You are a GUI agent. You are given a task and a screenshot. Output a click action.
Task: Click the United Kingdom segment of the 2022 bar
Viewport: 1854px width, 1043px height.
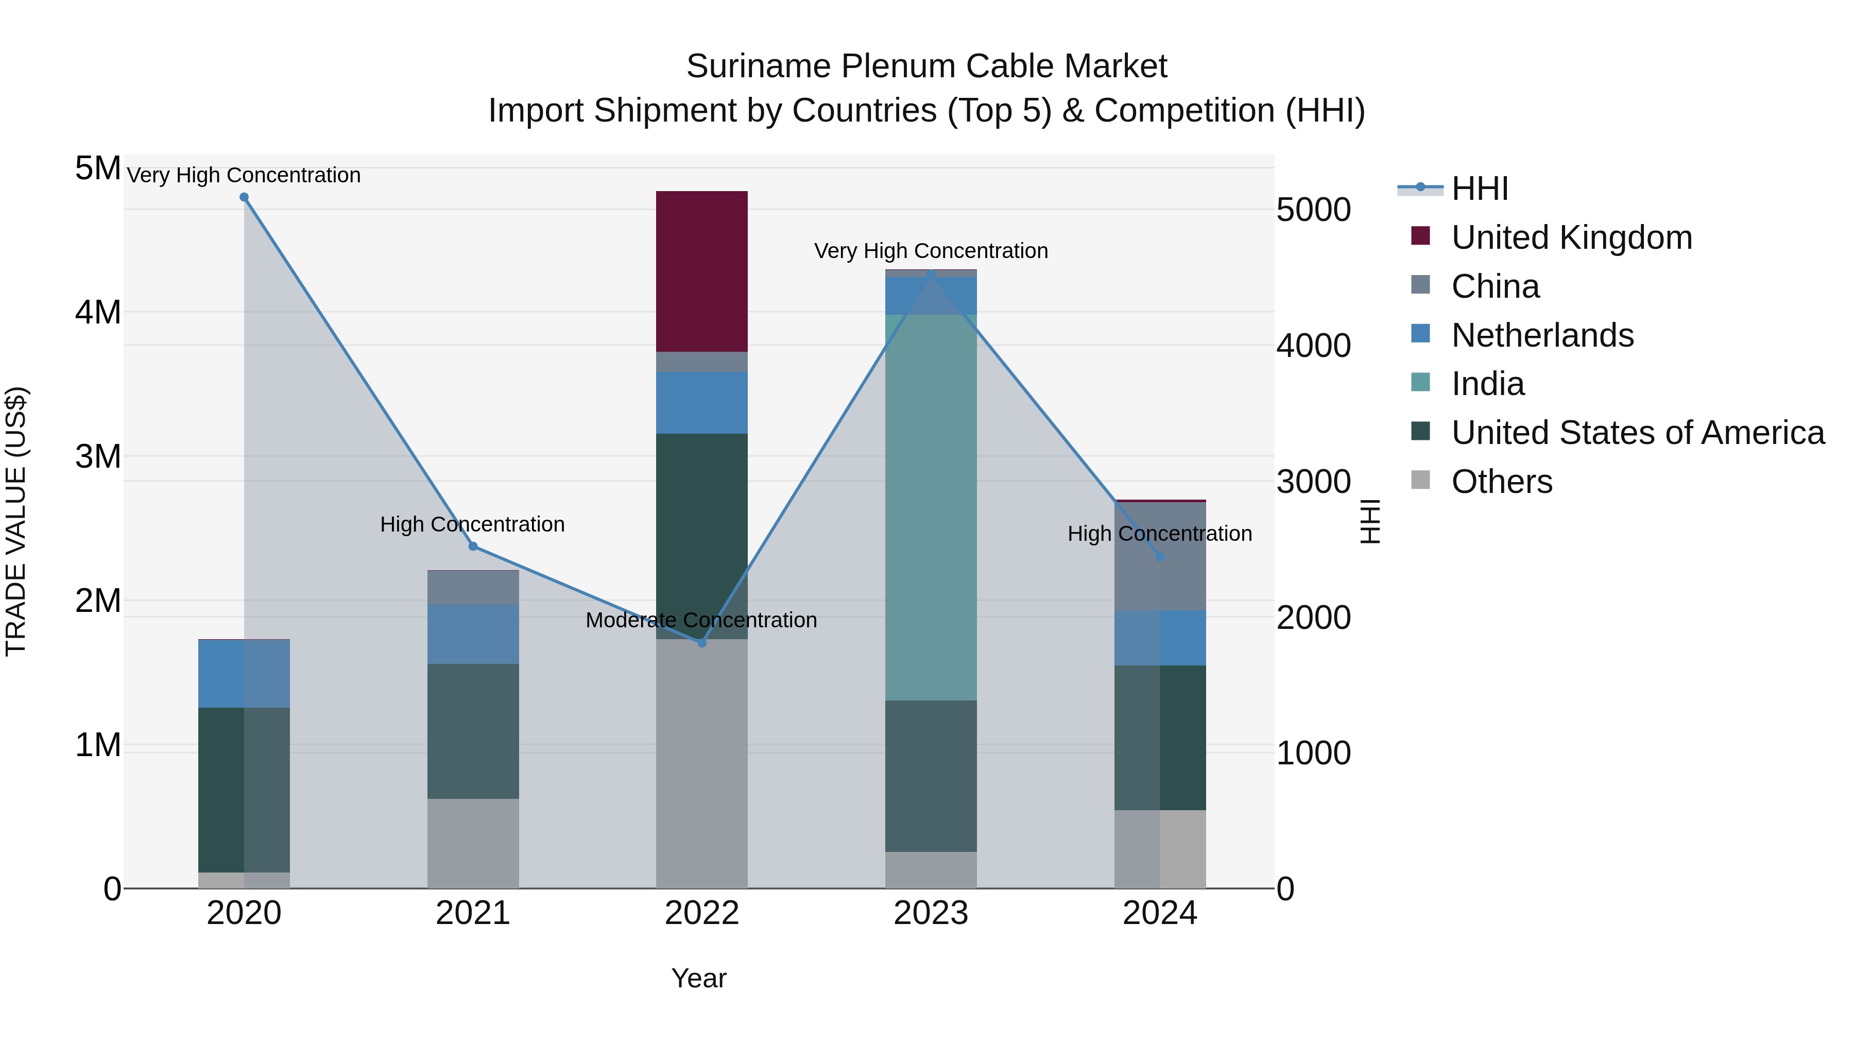[x=702, y=271]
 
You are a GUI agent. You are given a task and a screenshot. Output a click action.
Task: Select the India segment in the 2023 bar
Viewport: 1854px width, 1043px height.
[x=931, y=507]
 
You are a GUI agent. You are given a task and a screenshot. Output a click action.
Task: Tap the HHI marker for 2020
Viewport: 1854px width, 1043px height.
[x=244, y=197]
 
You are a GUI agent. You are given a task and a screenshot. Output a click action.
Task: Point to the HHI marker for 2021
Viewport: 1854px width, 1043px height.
[x=473, y=546]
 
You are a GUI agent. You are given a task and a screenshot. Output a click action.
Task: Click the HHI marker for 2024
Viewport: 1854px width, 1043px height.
[x=1159, y=556]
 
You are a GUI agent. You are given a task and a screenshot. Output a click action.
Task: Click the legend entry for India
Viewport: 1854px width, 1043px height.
[x=1488, y=384]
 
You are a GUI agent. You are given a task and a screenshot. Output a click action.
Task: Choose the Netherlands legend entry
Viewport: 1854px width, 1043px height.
[x=1542, y=335]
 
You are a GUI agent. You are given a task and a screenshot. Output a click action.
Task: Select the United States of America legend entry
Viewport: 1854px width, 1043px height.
[x=1637, y=433]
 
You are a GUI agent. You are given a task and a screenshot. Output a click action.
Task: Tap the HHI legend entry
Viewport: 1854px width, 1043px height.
[x=1479, y=189]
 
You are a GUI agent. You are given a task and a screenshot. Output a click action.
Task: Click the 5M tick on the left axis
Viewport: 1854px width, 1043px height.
[x=98, y=168]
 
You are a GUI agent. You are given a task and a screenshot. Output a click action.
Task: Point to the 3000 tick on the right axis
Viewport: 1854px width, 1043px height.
[x=1313, y=482]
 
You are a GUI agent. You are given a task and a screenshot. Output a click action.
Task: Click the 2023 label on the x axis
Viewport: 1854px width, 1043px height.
[x=931, y=913]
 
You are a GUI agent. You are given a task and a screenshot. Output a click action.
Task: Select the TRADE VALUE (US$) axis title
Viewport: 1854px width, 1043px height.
[x=16, y=521]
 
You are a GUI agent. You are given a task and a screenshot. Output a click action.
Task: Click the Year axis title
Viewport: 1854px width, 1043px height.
[x=699, y=978]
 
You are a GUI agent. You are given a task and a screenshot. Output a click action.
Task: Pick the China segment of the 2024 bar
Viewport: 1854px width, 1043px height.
[x=1159, y=556]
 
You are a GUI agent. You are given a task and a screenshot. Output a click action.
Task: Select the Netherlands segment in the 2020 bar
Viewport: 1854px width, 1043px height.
[x=244, y=674]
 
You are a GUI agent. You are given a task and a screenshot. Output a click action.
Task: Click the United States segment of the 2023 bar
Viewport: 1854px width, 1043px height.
[x=931, y=776]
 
